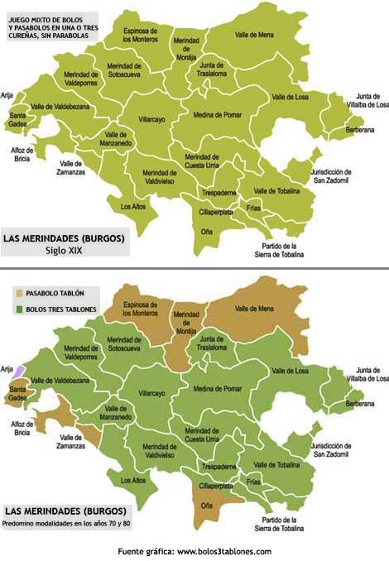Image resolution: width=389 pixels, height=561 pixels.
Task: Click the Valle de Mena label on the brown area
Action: (253, 309)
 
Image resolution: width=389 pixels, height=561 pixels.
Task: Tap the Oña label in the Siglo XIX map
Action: (206, 231)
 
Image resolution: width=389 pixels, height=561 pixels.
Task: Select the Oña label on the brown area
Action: (207, 506)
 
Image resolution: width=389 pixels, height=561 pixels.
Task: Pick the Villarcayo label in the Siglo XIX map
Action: (151, 119)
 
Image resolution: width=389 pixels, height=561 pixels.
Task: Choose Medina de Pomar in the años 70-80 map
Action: (218, 388)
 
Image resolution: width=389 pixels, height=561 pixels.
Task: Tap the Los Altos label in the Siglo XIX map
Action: (132, 206)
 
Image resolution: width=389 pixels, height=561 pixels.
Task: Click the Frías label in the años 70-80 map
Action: (253, 481)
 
